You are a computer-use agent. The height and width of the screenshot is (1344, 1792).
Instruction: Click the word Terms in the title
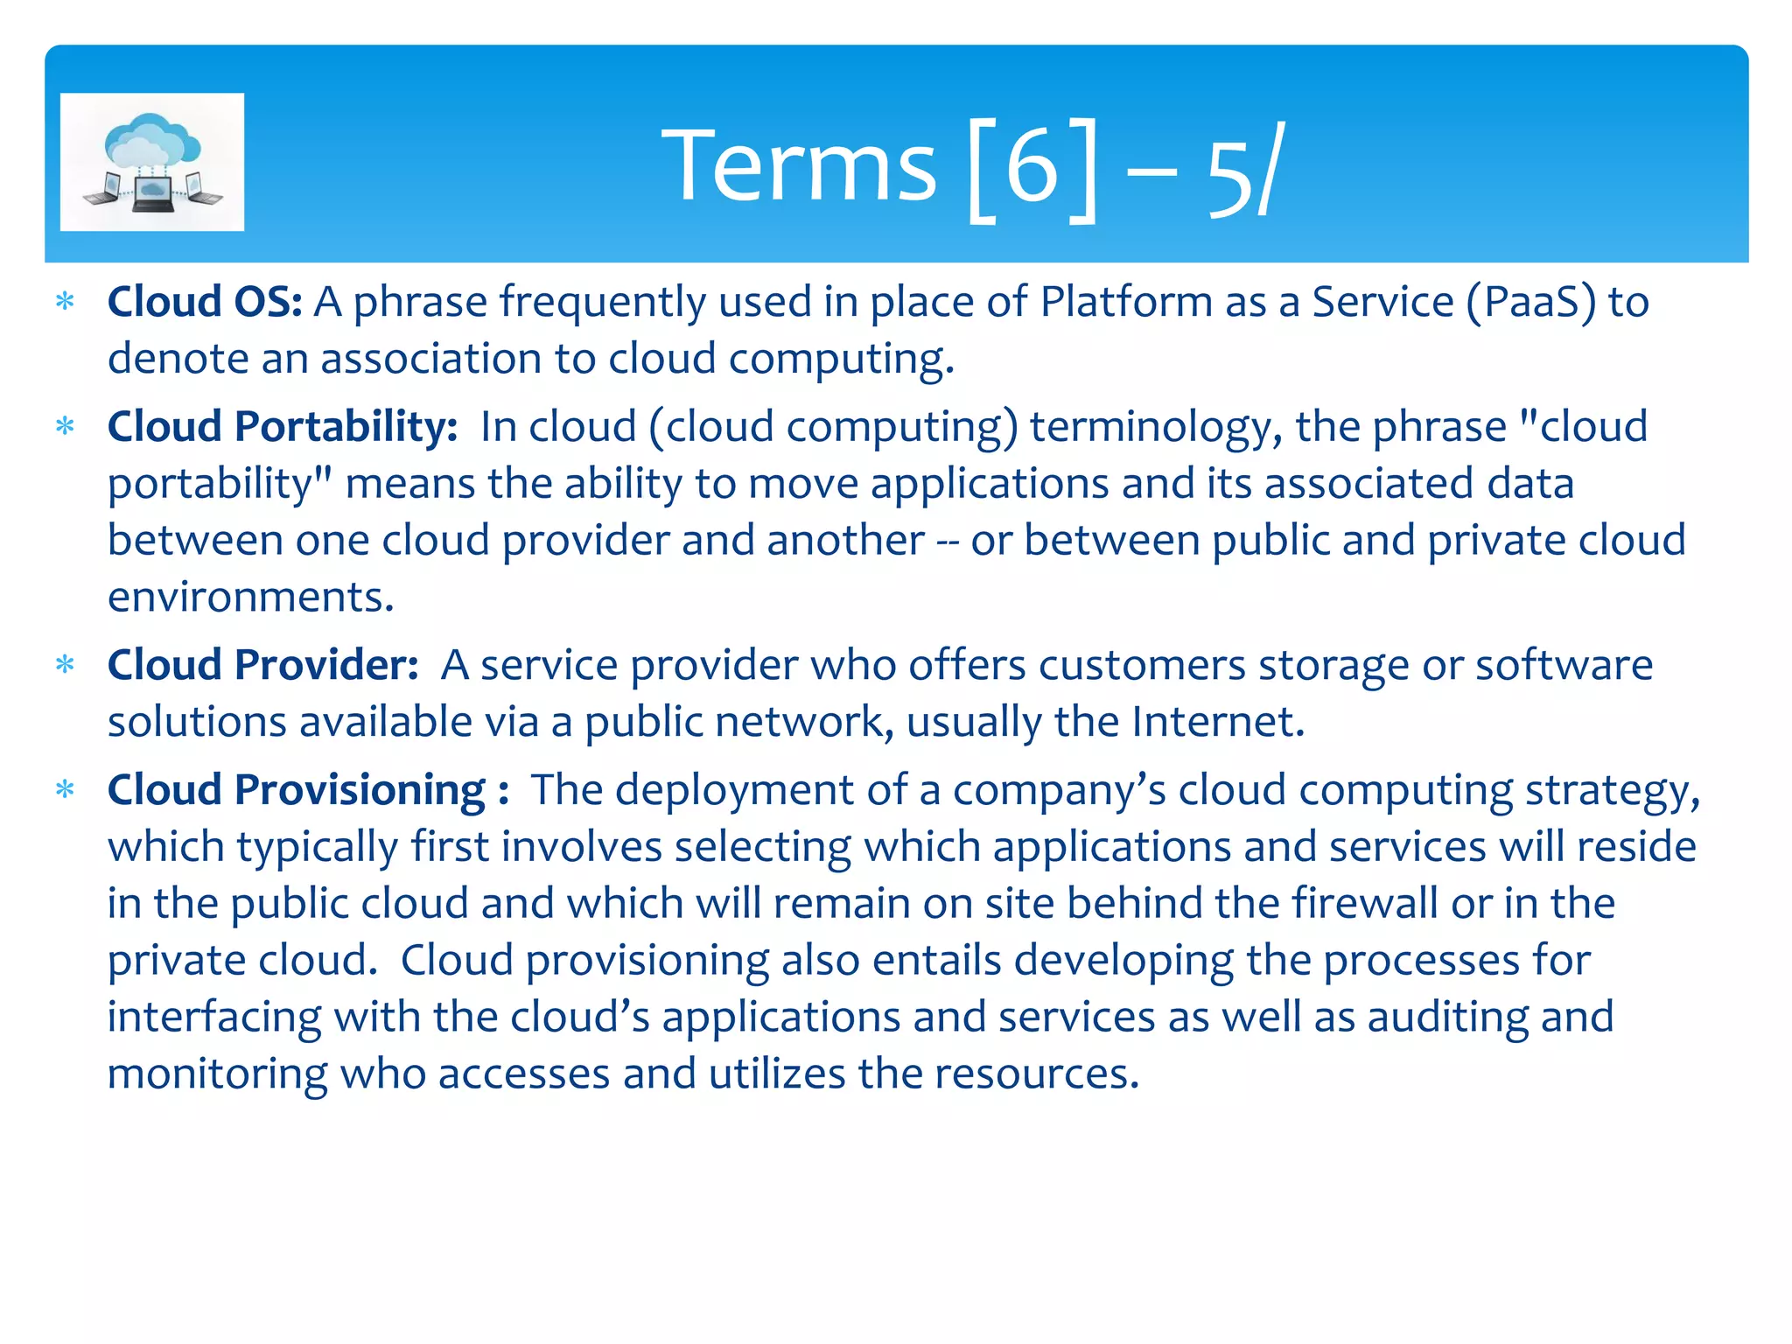coord(798,166)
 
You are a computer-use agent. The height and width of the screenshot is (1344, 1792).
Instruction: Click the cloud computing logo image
coord(152,162)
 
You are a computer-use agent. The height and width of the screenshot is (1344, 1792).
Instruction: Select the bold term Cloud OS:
coord(205,302)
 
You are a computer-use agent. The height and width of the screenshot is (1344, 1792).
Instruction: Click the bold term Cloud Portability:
coord(283,427)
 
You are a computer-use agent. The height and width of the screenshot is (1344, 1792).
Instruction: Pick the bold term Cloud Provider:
coord(263,665)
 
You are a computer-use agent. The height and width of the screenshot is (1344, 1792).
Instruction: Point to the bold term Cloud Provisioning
coord(297,790)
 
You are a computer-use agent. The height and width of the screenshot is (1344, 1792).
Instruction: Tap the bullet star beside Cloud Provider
coord(65,665)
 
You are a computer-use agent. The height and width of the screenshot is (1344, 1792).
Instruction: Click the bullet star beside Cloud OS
coord(65,303)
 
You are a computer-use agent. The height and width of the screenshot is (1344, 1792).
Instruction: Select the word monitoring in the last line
coord(217,1074)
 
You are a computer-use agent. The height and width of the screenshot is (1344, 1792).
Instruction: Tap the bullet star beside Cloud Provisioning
coord(65,790)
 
